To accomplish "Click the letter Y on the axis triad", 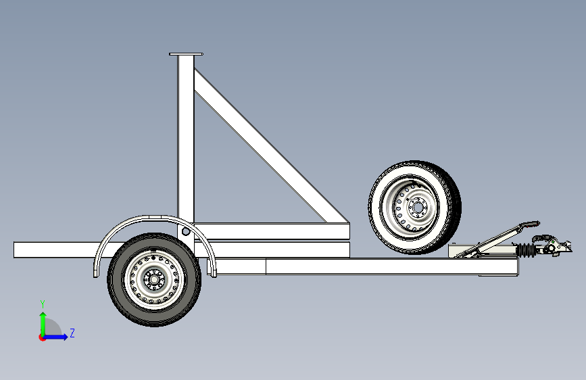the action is tap(42, 304).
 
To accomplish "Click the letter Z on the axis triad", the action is tap(72, 333).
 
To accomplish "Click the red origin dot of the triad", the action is tap(42, 337).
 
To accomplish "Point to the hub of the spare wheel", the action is tap(415, 206).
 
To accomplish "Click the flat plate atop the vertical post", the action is tap(187, 54).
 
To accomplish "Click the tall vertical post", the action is tap(186, 135).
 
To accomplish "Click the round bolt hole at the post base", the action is tap(185, 232).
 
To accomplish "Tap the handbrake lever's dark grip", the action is tap(532, 222).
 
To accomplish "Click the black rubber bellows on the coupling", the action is tap(525, 251).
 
